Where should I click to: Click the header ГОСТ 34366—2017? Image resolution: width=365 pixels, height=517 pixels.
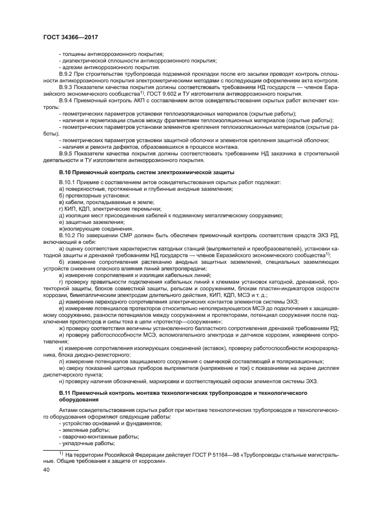pyautogui.click(x=67, y=36)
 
